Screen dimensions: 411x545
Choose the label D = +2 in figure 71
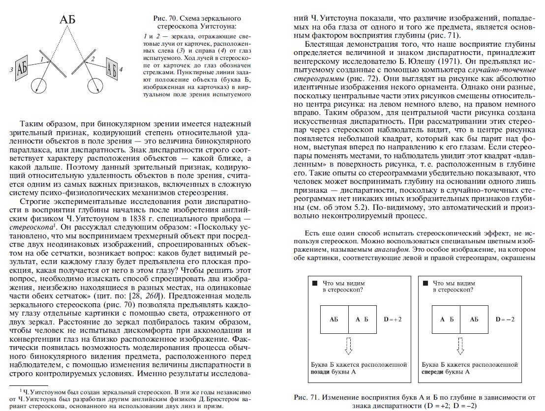(x=393, y=320)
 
